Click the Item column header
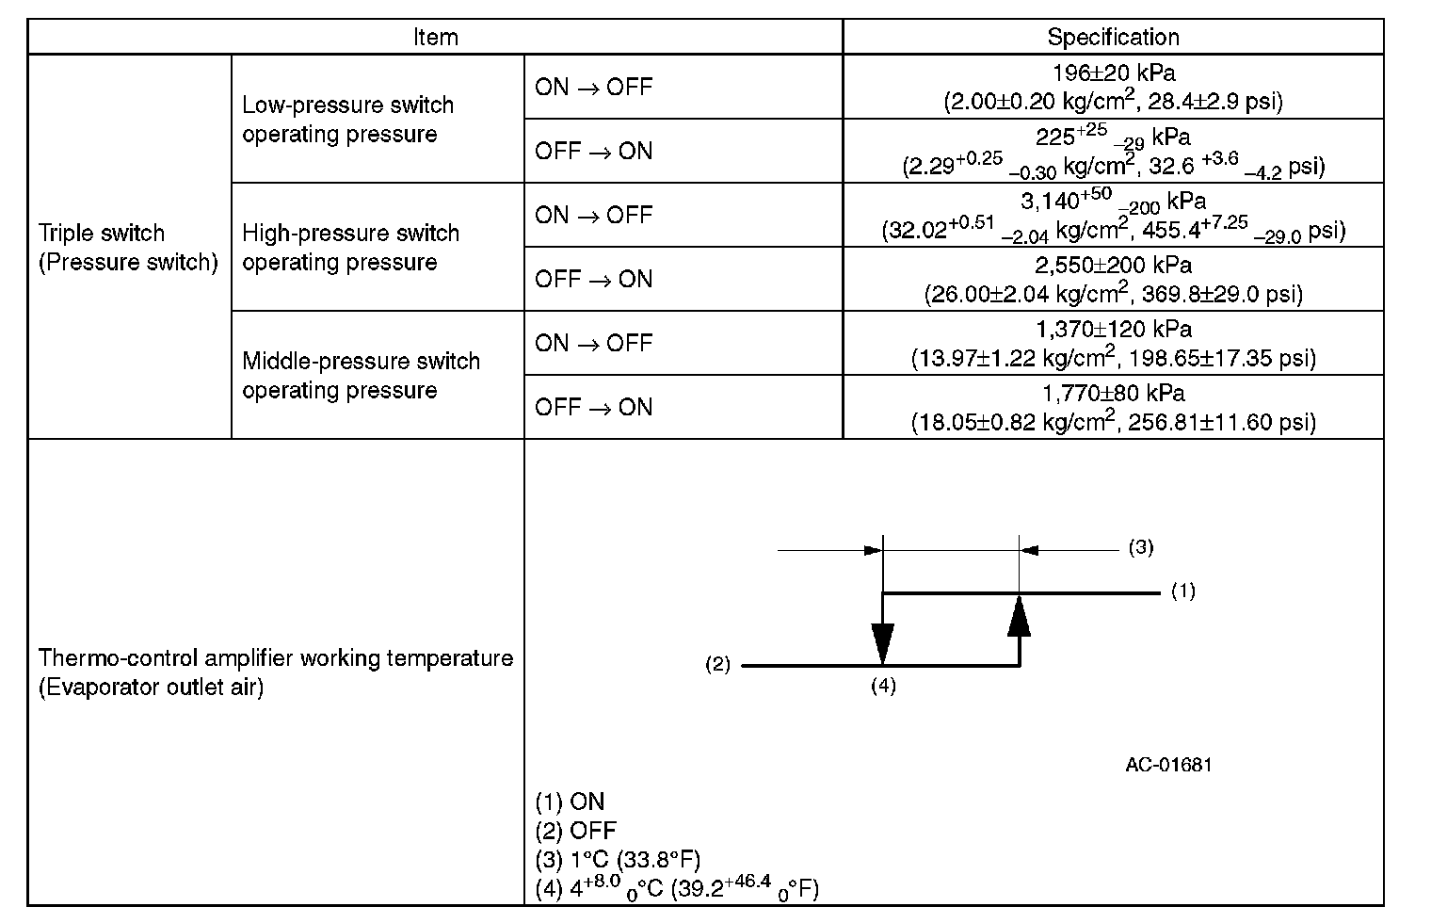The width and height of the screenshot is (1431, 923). click(435, 38)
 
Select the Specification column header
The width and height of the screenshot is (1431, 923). click(1113, 38)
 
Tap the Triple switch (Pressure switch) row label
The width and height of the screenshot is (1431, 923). click(128, 248)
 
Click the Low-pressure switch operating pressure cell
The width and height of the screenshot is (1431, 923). click(348, 120)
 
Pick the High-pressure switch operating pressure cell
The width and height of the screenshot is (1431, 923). click(350, 248)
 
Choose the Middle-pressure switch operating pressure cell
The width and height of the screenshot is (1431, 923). click(361, 376)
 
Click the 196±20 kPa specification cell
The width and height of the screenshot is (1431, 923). click(1113, 87)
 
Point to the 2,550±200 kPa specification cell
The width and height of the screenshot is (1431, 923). click(1113, 280)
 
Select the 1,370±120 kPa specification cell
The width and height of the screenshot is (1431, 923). click(1113, 344)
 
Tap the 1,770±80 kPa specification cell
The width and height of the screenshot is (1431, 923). click(1113, 407)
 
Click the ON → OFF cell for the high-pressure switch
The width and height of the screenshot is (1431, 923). click(593, 216)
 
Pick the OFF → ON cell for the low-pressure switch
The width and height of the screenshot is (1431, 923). click(593, 152)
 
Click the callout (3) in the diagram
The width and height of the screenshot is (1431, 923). click(1140, 547)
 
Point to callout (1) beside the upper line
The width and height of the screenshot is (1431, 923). click(1182, 591)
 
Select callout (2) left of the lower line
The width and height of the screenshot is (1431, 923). click(718, 665)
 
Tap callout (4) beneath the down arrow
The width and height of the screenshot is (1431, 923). click(882, 686)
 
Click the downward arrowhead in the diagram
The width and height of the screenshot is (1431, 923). click(882, 644)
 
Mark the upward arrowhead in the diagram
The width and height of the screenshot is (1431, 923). click(1019, 618)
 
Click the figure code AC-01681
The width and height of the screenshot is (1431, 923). click(1168, 764)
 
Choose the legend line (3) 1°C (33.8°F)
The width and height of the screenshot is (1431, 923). click(618, 859)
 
